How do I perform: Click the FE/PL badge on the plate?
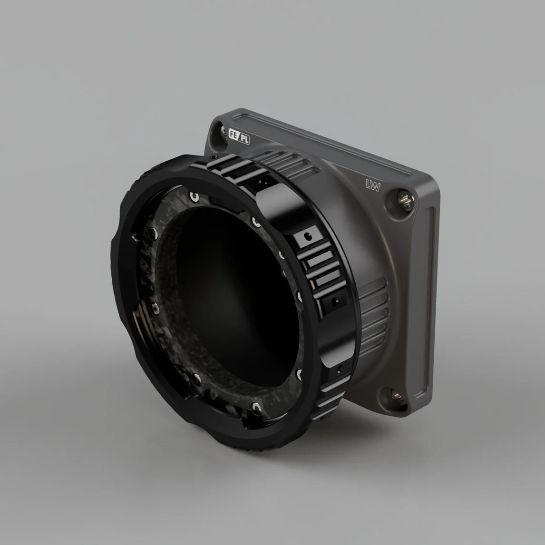239,136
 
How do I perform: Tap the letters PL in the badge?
245,139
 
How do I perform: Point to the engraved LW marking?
373,185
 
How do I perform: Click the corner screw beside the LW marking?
405,200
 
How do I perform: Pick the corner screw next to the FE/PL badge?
223,131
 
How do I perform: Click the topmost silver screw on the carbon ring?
194,197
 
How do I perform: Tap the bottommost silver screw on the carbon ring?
256,408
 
